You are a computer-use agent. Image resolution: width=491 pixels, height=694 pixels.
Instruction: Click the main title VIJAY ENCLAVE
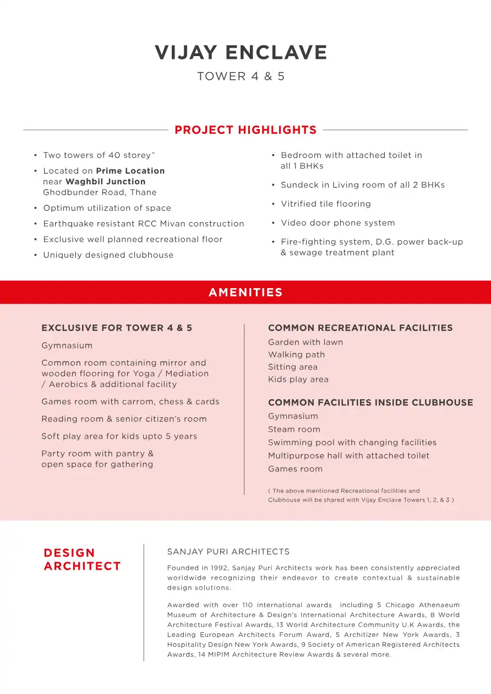point(241,53)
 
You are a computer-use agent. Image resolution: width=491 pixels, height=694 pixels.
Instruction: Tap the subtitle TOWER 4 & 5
point(241,76)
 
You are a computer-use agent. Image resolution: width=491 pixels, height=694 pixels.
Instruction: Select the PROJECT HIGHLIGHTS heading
point(245,130)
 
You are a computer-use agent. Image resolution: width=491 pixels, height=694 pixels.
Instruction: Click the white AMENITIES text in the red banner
point(245,293)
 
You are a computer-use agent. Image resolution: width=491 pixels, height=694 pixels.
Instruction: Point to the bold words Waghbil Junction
point(106,181)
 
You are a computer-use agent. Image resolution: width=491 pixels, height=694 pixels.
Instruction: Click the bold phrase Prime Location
point(130,171)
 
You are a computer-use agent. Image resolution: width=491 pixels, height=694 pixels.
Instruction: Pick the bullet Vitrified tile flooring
point(326,204)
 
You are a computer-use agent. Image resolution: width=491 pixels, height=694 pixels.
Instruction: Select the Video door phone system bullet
point(338,223)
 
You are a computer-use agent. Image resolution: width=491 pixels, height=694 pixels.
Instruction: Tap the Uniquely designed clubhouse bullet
point(108,255)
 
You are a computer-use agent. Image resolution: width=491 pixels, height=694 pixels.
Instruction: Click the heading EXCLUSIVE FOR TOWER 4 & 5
point(117,328)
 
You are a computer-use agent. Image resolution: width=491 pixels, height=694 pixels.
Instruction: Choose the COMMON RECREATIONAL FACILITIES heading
point(361,328)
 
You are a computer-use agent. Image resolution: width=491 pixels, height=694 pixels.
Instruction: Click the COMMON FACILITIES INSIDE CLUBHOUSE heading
point(370,403)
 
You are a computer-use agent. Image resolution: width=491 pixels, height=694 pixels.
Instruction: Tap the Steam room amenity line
point(294,429)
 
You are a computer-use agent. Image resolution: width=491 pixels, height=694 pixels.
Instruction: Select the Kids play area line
point(298,379)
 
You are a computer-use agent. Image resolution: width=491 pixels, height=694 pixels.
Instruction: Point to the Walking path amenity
point(297,355)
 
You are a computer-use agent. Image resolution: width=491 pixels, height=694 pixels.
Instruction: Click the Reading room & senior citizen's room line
point(124,419)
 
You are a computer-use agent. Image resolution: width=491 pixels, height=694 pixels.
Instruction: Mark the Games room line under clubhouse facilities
point(296,469)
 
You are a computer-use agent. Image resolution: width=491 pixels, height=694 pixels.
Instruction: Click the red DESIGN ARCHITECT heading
point(82,560)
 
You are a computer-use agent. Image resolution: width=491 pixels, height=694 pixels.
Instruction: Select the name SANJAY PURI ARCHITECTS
point(228,552)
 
